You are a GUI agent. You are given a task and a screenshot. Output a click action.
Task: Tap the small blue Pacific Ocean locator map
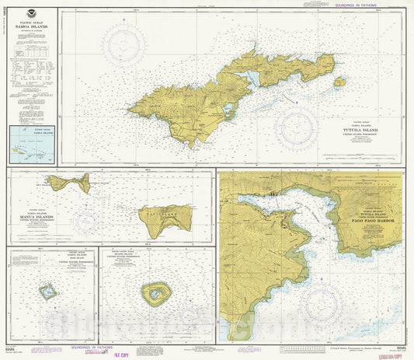point(32,145)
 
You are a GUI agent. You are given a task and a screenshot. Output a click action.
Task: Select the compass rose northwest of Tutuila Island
point(124,44)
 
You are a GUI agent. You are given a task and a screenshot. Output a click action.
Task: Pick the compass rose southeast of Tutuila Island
point(297,128)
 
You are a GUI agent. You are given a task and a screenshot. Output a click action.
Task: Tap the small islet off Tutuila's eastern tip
point(339,81)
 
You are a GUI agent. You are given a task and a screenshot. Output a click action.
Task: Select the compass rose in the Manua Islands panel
point(88,221)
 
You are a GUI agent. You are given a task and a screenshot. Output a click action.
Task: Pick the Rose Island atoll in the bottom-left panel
point(49,292)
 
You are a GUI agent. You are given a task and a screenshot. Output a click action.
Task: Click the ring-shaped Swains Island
point(155,293)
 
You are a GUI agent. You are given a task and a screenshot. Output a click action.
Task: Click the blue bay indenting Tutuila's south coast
point(250,79)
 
